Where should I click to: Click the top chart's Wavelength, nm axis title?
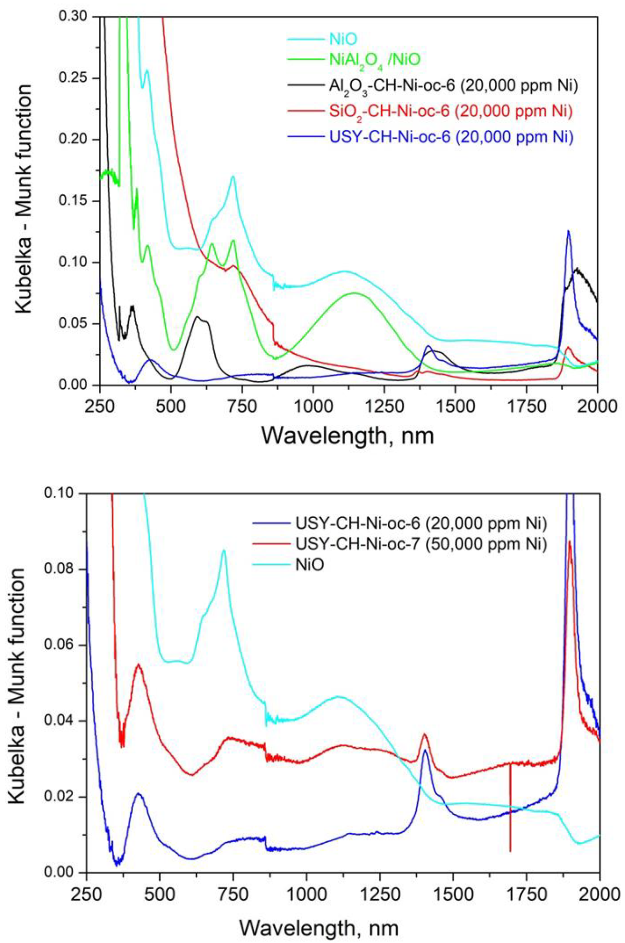click(348, 435)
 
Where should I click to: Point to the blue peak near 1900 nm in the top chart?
click(568, 231)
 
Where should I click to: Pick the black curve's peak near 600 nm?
click(197, 317)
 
